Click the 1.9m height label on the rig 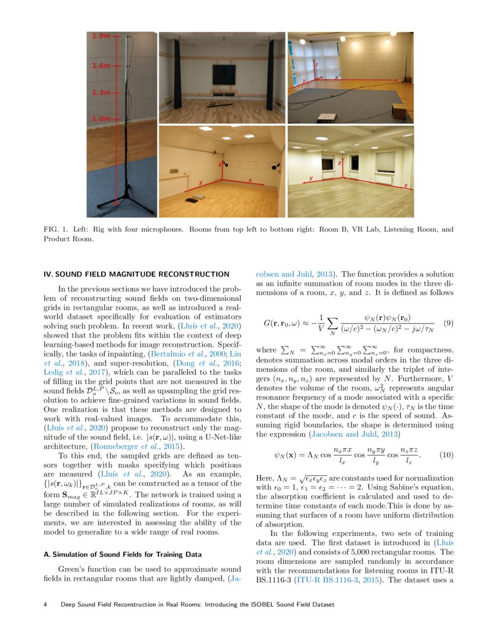[x=101, y=37]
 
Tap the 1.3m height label [x=101, y=93]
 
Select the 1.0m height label [x=101, y=119]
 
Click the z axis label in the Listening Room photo [x=220, y=165]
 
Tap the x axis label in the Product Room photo [x=405, y=186]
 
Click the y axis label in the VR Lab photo [x=304, y=80]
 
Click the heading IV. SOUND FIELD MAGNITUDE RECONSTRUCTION [x=137, y=273]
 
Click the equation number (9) [x=448, y=322]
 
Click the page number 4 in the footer [x=46, y=605]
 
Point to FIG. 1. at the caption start [x=55, y=229]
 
